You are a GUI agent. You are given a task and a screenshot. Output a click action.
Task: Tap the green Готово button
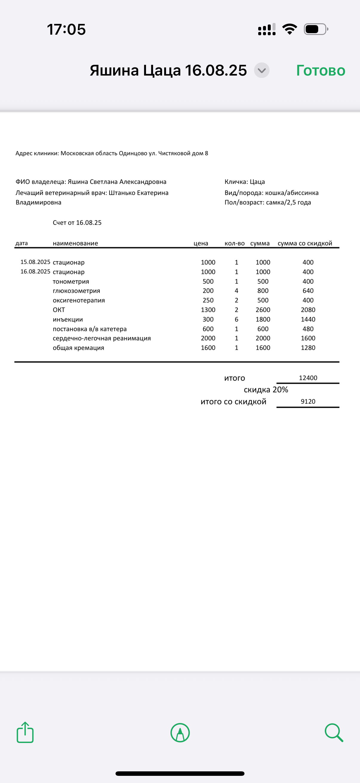pyautogui.click(x=321, y=70)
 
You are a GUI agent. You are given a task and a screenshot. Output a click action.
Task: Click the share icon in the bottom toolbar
pyautogui.click(x=25, y=733)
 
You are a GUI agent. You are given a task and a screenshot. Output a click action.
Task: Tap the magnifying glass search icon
pyautogui.click(x=333, y=733)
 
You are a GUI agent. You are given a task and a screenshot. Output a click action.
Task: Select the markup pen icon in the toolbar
pyautogui.click(x=180, y=733)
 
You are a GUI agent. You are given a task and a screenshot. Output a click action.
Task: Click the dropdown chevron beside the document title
pyautogui.click(x=261, y=70)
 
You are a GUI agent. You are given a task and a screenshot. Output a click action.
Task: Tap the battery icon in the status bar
pyautogui.click(x=316, y=29)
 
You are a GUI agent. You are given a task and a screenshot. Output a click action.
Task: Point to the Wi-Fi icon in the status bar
pyautogui.click(x=290, y=29)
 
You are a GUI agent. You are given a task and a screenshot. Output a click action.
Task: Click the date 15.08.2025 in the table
pyautogui.click(x=35, y=262)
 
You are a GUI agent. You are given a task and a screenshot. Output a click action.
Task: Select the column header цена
pyautogui.click(x=201, y=243)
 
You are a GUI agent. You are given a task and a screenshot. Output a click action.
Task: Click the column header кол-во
pyautogui.click(x=235, y=243)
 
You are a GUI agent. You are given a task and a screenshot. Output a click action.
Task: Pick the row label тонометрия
pyautogui.click(x=71, y=282)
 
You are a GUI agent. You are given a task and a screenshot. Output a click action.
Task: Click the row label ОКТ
pyautogui.click(x=59, y=310)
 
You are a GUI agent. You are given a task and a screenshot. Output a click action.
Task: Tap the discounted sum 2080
pyautogui.click(x=308, y=310)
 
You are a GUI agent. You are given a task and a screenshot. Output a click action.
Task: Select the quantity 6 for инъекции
pyautogui.click(x=236, y=320)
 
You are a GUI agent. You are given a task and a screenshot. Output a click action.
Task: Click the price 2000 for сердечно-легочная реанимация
pyautogui.click(x=208, y=338)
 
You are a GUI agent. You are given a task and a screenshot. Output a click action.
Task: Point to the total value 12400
pyautogui.click(x=308, y=378)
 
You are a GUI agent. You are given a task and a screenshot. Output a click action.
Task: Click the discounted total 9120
pyautogui.click(x=308, y=402)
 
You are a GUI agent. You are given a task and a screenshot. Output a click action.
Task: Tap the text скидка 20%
pyautogui.click(x=266, y=390)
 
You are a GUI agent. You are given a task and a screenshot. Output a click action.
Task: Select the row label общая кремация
pyautogui.click(x=79, y=348)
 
